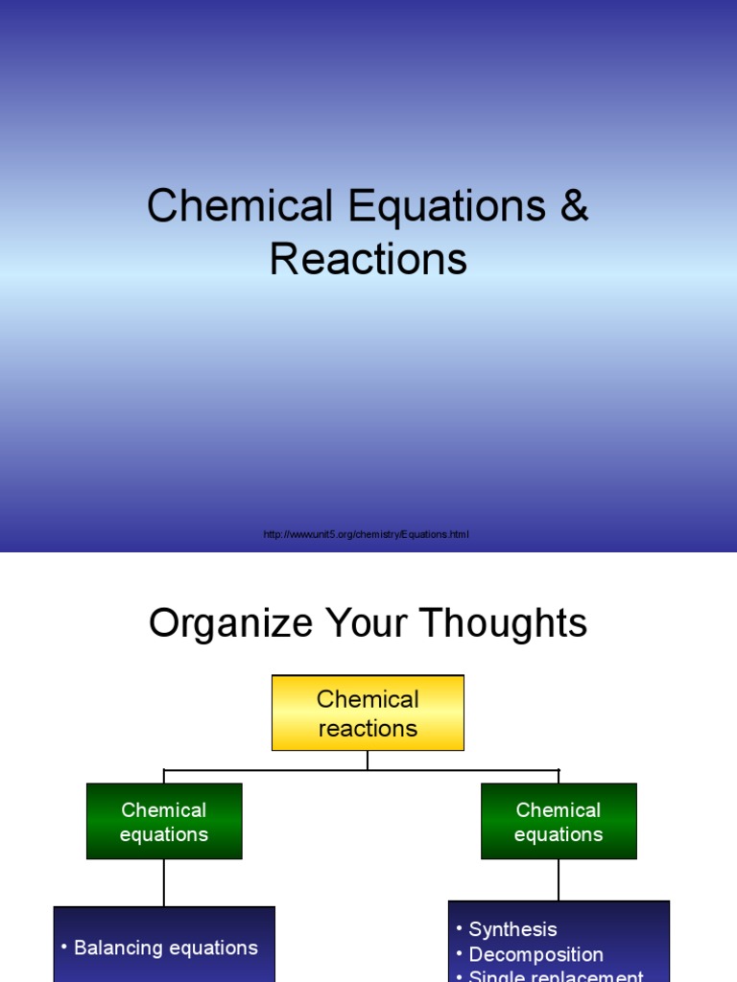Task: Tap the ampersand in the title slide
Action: tap(574, 208)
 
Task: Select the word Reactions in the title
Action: tap(368, 260)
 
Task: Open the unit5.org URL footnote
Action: tap(367, 534)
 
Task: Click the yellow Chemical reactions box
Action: tap(368, 713)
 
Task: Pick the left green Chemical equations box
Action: tap(164, 821)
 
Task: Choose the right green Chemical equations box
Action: tap(559, 821)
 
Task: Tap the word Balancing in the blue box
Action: tap(117, 947)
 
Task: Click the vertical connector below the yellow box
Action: tap(368, 760)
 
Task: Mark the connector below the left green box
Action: tap(164, 882)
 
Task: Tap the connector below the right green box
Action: tap(559, 879)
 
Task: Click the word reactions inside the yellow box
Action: tap(368, 729)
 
